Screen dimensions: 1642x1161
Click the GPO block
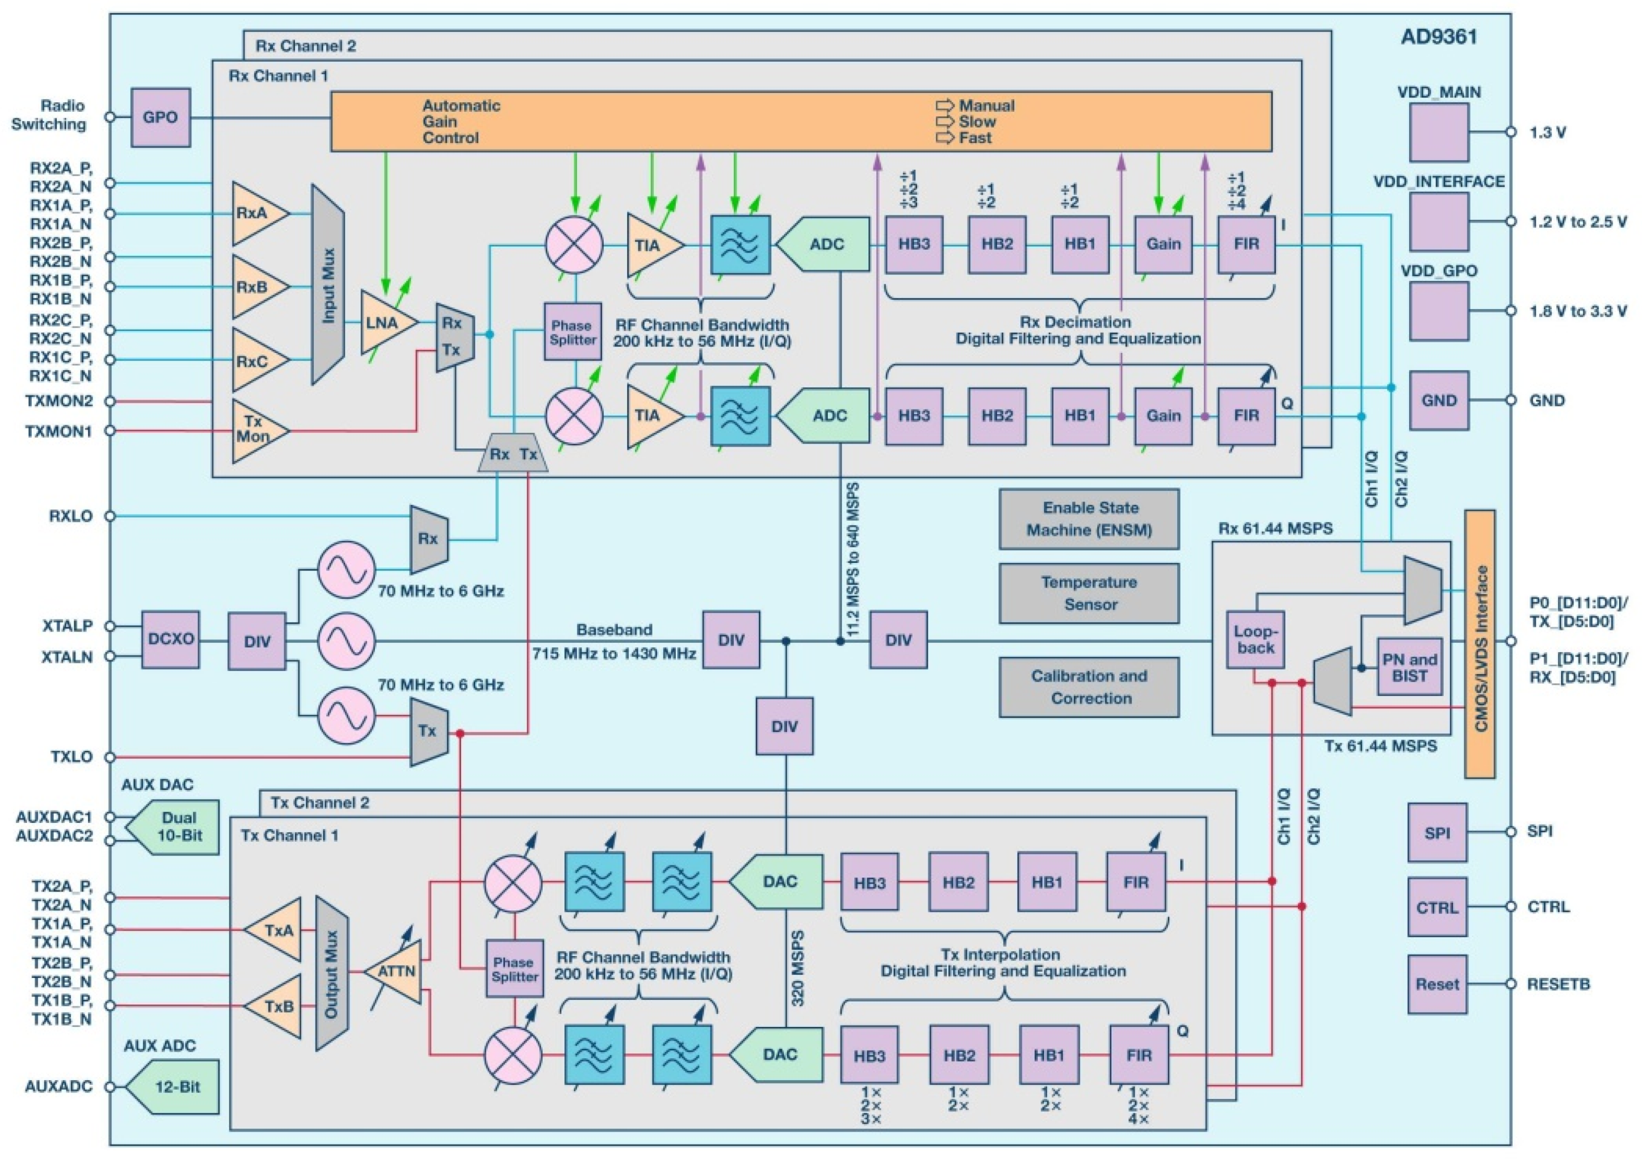pos(160,117)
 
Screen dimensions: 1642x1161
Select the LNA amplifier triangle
pos(386,323)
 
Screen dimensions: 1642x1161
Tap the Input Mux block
pos(328,284)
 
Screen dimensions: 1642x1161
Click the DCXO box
pos(170,640)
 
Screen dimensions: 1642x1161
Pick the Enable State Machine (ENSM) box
pos(1089,519)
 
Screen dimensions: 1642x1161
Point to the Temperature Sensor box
pos(1089,593)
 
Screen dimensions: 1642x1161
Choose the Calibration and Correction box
pos(1089,687)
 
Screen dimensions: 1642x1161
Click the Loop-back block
pos(1255,640)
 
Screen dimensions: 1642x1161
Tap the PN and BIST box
pos(1409,667)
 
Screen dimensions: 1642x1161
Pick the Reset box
pos(1437,984)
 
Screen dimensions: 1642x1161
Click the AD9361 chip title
pos(1438,37)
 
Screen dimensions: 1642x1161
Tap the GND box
pos(1438,401)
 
